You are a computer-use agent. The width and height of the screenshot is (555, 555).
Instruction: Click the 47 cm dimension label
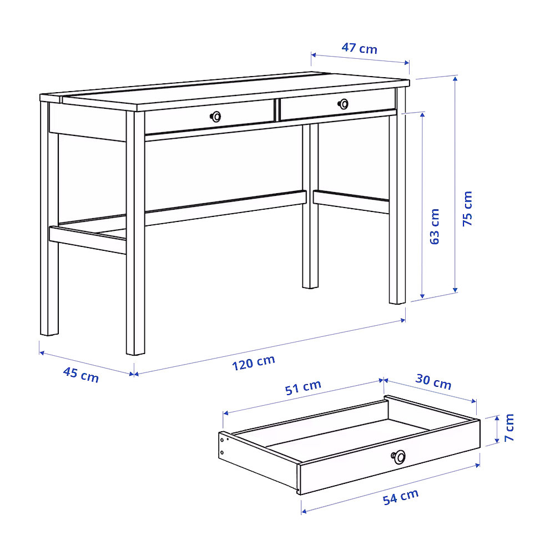pos(359,48)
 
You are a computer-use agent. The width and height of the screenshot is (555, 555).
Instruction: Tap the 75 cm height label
pos(467,209)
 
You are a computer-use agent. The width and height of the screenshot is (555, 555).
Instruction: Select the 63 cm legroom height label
pos(434,226)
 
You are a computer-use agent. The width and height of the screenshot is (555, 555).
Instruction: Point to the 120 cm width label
pos(254,362)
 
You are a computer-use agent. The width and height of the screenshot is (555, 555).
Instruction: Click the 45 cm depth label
pos(80,375)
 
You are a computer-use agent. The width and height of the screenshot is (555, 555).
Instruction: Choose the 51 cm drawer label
pos(303,387)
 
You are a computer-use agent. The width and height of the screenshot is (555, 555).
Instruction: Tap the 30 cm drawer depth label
pos(433,382)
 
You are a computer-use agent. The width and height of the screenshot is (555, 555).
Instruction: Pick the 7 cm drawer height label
pos(509,427)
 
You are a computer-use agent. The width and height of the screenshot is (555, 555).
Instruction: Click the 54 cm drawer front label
pos(401,497)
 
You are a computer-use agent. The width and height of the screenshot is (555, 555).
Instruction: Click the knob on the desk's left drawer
pos(215,117)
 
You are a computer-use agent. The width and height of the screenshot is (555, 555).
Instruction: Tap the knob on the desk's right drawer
pos(343,104)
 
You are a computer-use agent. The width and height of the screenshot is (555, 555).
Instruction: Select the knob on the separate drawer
pos(399,457)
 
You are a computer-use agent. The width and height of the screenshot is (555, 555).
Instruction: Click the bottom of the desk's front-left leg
pos(135,353)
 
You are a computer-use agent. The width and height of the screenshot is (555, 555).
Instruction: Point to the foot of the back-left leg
pos(49,334)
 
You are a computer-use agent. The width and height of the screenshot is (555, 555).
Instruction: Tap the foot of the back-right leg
pos(310,287)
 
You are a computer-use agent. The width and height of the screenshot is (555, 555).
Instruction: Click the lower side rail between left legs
pos(88,239)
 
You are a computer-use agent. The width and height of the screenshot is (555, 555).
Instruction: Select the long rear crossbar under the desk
pos(225,208)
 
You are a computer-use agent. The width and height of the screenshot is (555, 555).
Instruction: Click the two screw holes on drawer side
pos(222,446)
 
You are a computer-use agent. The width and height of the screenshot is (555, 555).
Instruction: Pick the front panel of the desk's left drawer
pos(210,117)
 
